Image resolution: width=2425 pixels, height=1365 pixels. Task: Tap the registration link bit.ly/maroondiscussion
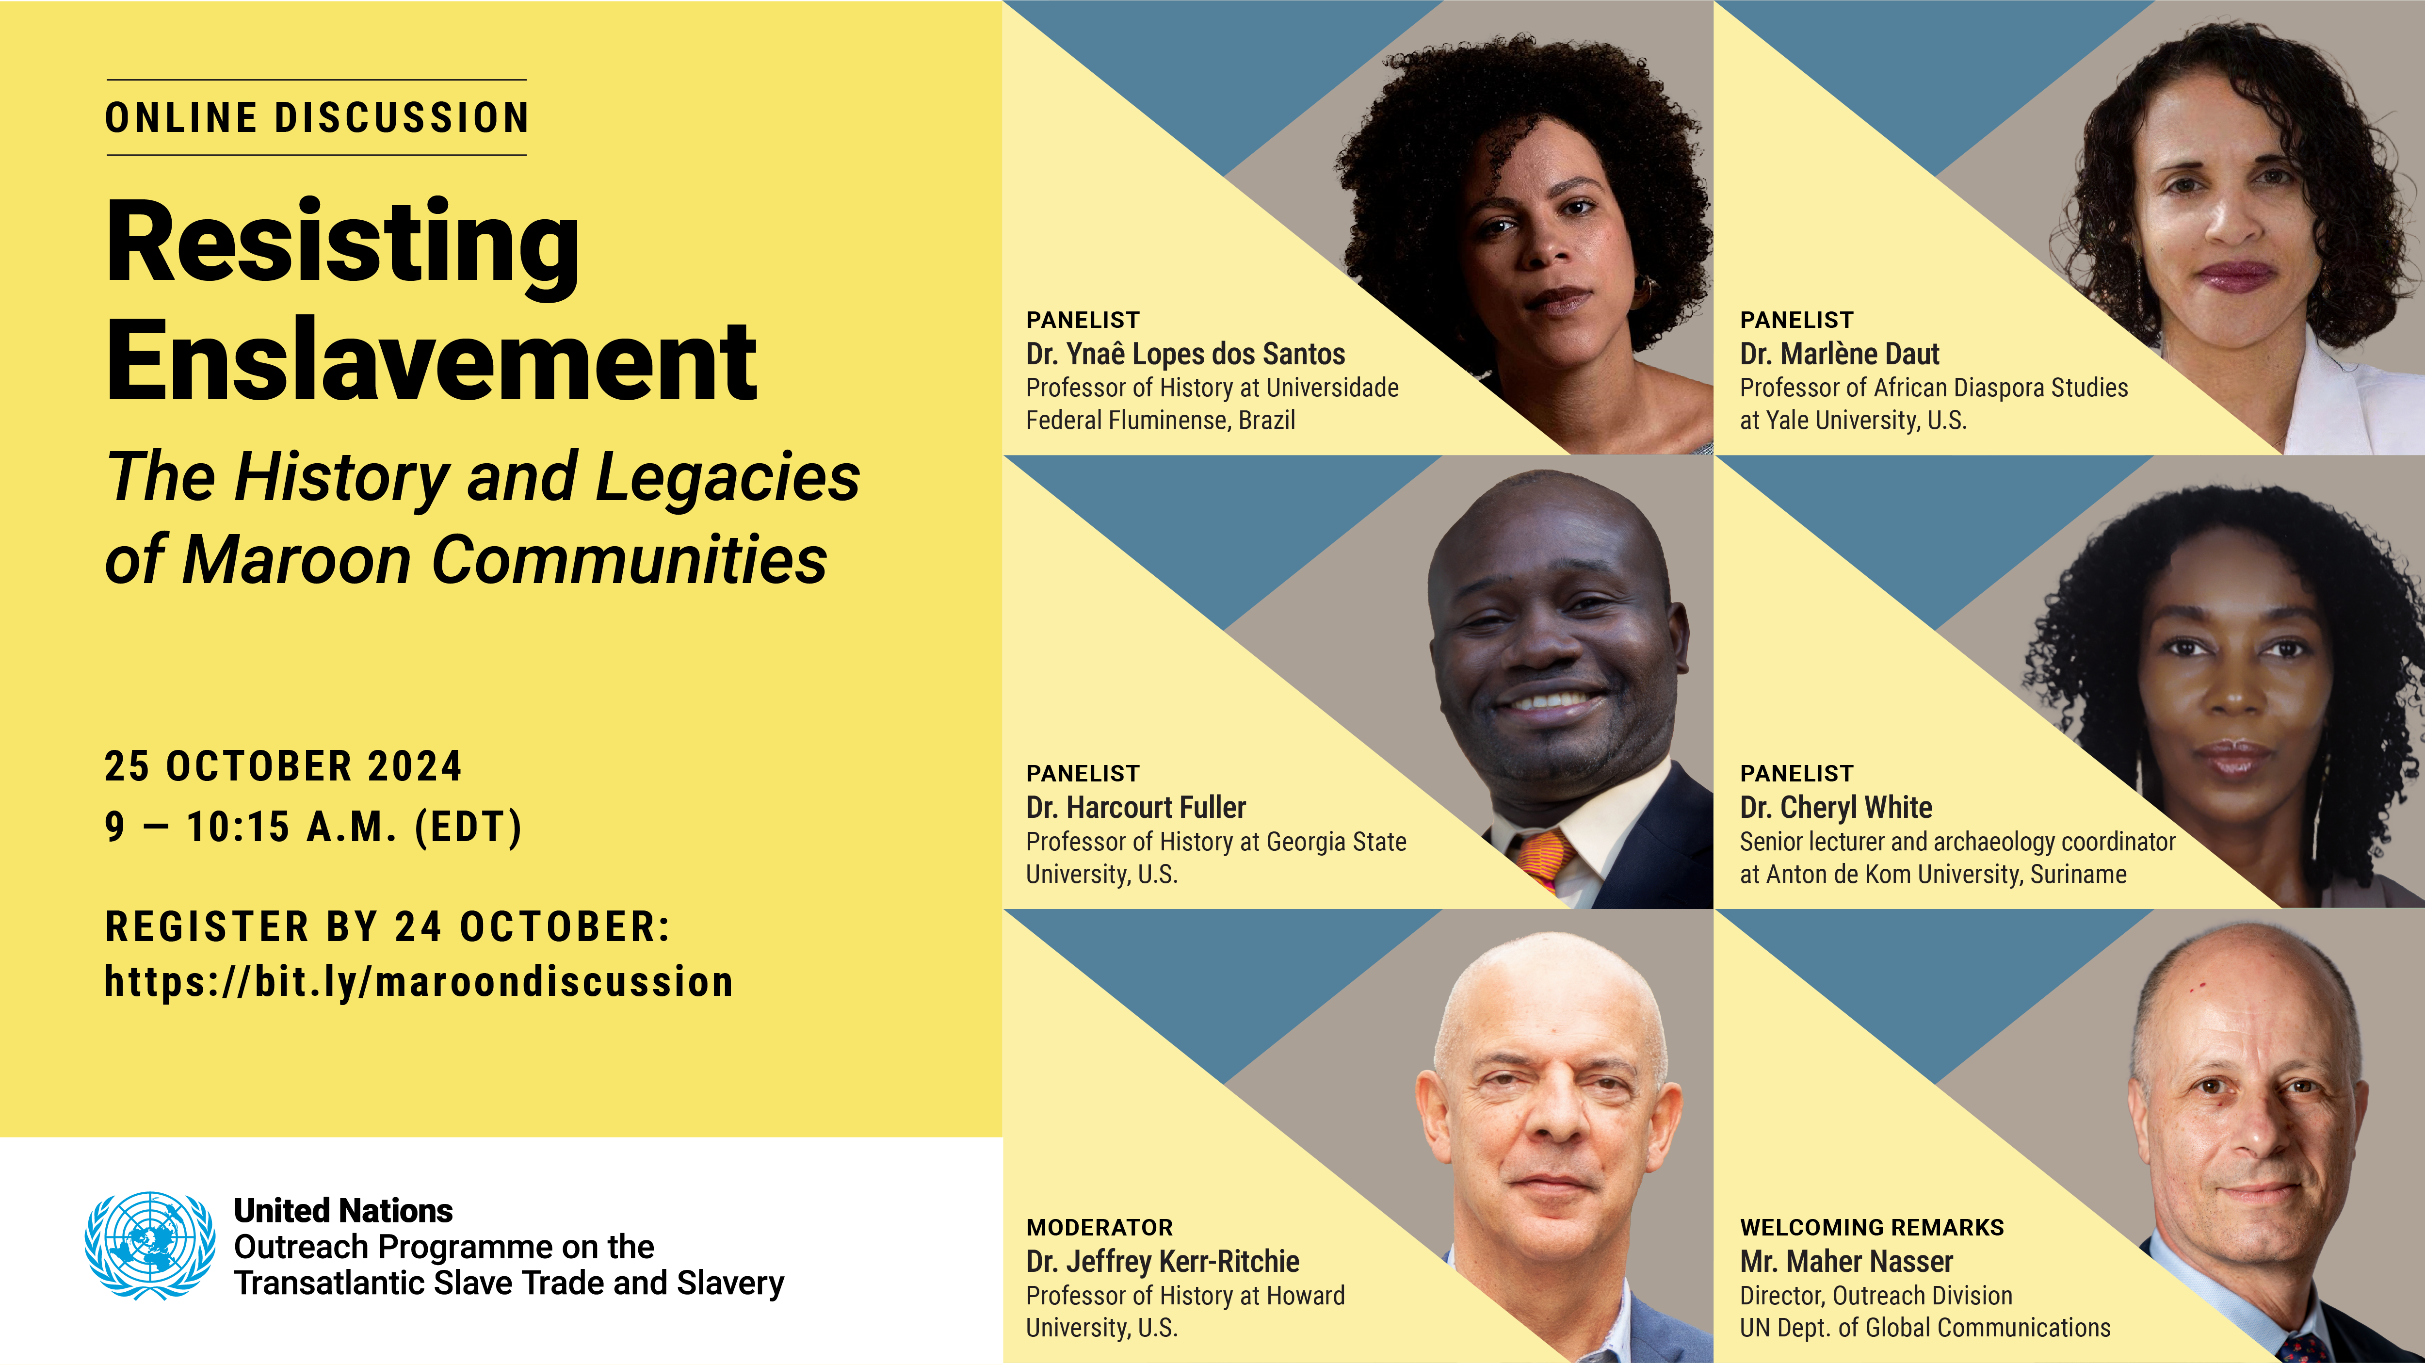click(419, 982)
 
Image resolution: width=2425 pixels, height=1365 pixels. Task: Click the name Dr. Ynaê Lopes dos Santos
click(1185, 354)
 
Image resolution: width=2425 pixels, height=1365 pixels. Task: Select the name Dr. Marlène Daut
click(1840, 354)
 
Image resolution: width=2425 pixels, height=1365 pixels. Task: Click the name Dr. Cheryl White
click(1836, 808)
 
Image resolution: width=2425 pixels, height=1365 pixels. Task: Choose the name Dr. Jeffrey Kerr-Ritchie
click(1163, 1262)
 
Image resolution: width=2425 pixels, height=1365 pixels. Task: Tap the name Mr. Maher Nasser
click(1846, 1262)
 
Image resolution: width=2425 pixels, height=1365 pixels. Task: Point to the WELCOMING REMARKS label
click(1872, 1228)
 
